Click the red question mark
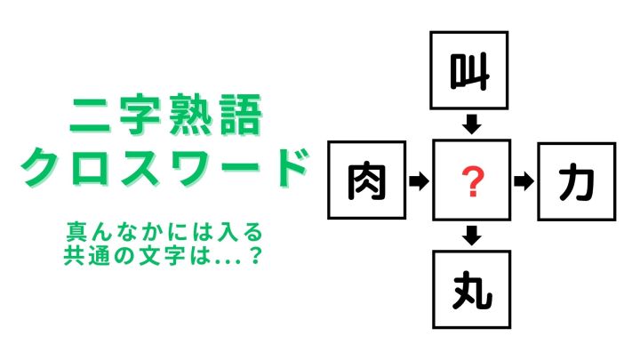pos(472,181)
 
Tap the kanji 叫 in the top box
pos(469,71)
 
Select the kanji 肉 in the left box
pos(366,182)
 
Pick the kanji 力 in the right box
pos(576,182)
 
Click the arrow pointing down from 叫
pos(471,124)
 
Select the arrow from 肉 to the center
pos(419,180)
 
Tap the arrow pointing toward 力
pos(524,181)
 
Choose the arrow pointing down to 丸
pos(471,236)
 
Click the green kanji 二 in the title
pos(90,116)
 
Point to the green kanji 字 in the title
pos(139,115)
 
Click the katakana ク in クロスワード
pos(41,166)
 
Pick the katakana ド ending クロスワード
pos(289,166)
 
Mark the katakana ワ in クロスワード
pos(190,167)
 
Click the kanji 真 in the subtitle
pos(76,232)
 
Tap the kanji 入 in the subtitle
pos(228,232)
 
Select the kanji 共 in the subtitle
pos(74,255)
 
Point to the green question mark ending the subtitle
pos(255,255)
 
